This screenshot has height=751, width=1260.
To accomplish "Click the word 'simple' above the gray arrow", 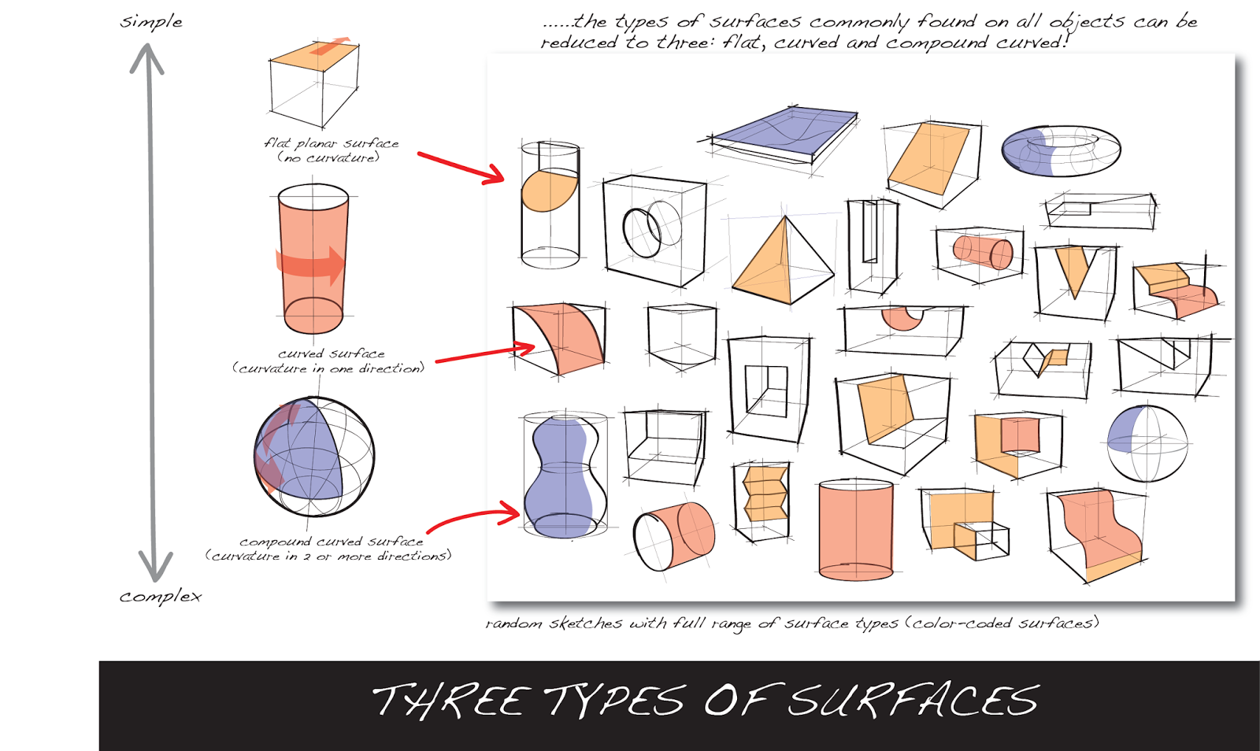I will [x=150, y=22].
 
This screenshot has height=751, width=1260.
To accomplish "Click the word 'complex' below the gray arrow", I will [x=161, y=597].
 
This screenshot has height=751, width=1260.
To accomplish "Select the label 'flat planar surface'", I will [x=332, y=143].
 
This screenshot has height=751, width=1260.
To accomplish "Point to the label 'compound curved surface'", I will [x=332, y=542].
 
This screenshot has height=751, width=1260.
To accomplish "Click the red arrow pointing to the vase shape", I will [x=472, y=520].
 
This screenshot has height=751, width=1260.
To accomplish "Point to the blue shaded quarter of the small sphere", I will [x=1125, y=430].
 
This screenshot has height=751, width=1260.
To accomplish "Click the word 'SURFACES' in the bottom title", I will [x=913, y=701].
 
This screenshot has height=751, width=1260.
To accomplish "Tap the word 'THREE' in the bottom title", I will [x=451, y=701].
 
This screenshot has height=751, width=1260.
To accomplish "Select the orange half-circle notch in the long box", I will [x=902, y=317].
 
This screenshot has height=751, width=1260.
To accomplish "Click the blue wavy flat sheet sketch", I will [x=784, y=130].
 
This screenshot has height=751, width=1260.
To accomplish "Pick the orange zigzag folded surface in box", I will [x=765, y=494].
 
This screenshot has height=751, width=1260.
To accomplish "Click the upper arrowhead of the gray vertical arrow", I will [x=146, y=58].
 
